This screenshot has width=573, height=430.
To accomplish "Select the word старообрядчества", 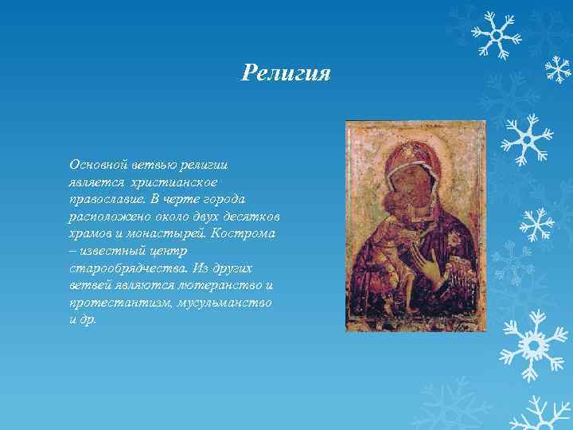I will [x=121, y=268].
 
